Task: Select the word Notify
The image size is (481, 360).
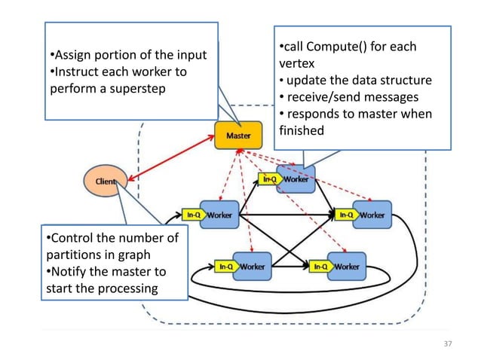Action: [x=69, y=271]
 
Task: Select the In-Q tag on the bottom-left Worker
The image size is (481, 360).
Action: [x=225, y=267]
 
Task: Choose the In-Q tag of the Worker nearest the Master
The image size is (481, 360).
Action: [x=269, y=179]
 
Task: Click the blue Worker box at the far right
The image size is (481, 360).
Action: [x=372, y=215]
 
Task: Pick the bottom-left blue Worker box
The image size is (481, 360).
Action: [x=252, y=267]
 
